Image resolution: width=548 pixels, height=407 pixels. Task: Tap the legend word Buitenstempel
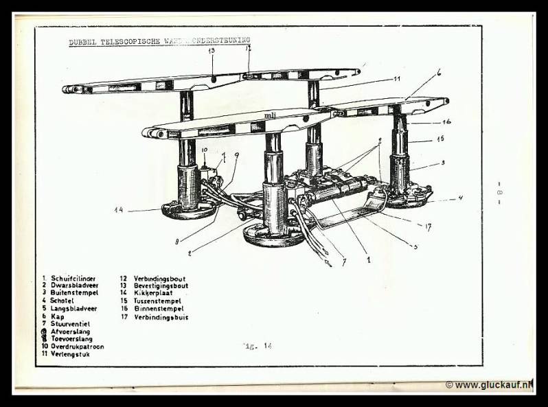74,293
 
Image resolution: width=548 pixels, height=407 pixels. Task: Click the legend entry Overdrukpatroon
76,347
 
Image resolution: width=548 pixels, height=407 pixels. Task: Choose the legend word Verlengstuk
69,354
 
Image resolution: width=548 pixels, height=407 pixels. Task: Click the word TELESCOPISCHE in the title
130,41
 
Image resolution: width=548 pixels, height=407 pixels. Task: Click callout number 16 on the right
446,121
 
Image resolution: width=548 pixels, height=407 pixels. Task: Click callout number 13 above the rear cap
211,51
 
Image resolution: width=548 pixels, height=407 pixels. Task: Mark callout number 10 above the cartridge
204,150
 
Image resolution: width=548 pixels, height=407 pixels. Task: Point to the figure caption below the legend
258,346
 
